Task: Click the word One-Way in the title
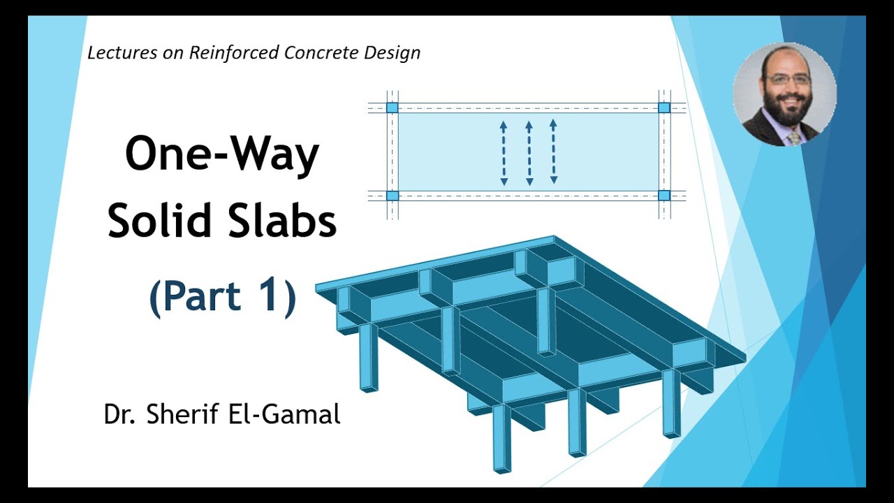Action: [222, 155]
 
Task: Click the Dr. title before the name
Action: [120, 414]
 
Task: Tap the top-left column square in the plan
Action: [392, 108]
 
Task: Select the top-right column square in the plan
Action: [664, 108]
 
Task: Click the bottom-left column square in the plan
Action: [392, 196]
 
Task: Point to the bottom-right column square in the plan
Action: [664, 196]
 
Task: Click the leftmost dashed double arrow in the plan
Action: [504, 153]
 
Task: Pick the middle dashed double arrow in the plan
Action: [529, 153]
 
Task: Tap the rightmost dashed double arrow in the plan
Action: [553, 152]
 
